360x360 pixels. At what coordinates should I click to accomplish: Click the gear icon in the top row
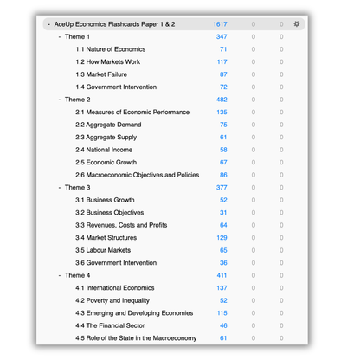tap(297, 24)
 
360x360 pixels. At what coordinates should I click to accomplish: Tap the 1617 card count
tap(220, 24)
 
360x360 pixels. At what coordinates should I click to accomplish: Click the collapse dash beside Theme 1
tap(59, 37)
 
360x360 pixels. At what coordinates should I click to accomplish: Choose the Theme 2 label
tap(77, 100)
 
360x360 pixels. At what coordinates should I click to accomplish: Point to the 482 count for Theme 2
tap(222, 100)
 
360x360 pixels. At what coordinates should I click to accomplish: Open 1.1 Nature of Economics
tap(110, 49)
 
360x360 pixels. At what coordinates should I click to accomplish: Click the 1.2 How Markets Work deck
tap(107, 62)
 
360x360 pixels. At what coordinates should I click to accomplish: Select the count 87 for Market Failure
tap(223, 74)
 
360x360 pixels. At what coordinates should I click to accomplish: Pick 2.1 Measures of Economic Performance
tap(132, 112)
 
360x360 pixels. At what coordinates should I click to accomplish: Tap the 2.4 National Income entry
tap(104, 150)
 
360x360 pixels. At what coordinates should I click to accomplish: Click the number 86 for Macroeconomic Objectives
tap(223, 175)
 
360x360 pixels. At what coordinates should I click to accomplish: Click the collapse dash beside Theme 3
tap(59, 188)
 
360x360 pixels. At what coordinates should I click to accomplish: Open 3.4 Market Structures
tap(106, 238)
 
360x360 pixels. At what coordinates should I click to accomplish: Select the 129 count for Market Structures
tap(222, 238)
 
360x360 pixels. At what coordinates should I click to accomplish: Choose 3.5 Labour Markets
tap(103, 250)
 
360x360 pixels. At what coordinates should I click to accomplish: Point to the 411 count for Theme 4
tap(222, 275)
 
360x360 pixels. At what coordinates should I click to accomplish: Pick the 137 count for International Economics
tap(222, 288)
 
